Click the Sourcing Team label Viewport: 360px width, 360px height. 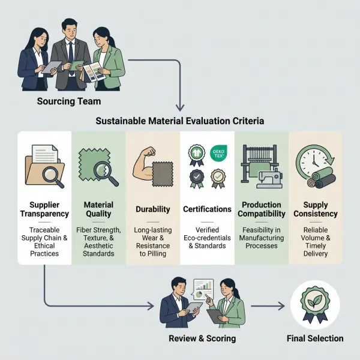click(x=69, y=101)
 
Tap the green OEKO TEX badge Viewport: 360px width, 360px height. click(x=218, y=153)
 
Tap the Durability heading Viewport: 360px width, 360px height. click(x=153, y=209)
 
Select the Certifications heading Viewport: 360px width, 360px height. click(x=207, y=209)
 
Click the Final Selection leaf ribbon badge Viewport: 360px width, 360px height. click(x=315, y=304)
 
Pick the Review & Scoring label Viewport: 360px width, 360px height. click(x=202, y=338)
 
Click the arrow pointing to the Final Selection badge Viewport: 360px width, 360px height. click(x=268, y=306)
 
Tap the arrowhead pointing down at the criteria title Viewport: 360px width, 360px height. click(x=180, y=107)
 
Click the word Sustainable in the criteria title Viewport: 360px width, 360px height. click(x=121, y=121)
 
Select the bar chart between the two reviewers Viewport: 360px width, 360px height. click(x=203, y=285)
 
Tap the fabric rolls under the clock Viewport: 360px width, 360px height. click(x=321, y=178)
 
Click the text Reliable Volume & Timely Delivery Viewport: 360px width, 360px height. click(x=316, y=242)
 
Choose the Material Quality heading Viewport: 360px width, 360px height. click(x=98, y=209)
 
